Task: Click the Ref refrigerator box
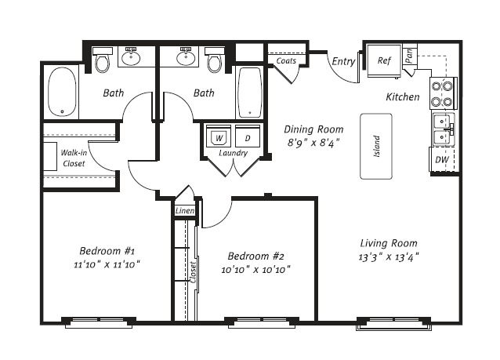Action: pos(383,61)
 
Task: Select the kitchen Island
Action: pos(376,146)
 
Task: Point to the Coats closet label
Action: pos(286,60)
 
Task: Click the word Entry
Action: pos(343,61)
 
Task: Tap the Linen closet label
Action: pos(184,211)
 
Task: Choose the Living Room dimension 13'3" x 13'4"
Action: pos(388,256)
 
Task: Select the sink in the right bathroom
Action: pos(187,57)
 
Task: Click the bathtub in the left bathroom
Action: pos(62,93)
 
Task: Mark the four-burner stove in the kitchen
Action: pos(443,93)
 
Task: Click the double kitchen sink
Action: pos(443,129)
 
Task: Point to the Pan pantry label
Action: pos(409,56)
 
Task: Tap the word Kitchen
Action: pos(402,97)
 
